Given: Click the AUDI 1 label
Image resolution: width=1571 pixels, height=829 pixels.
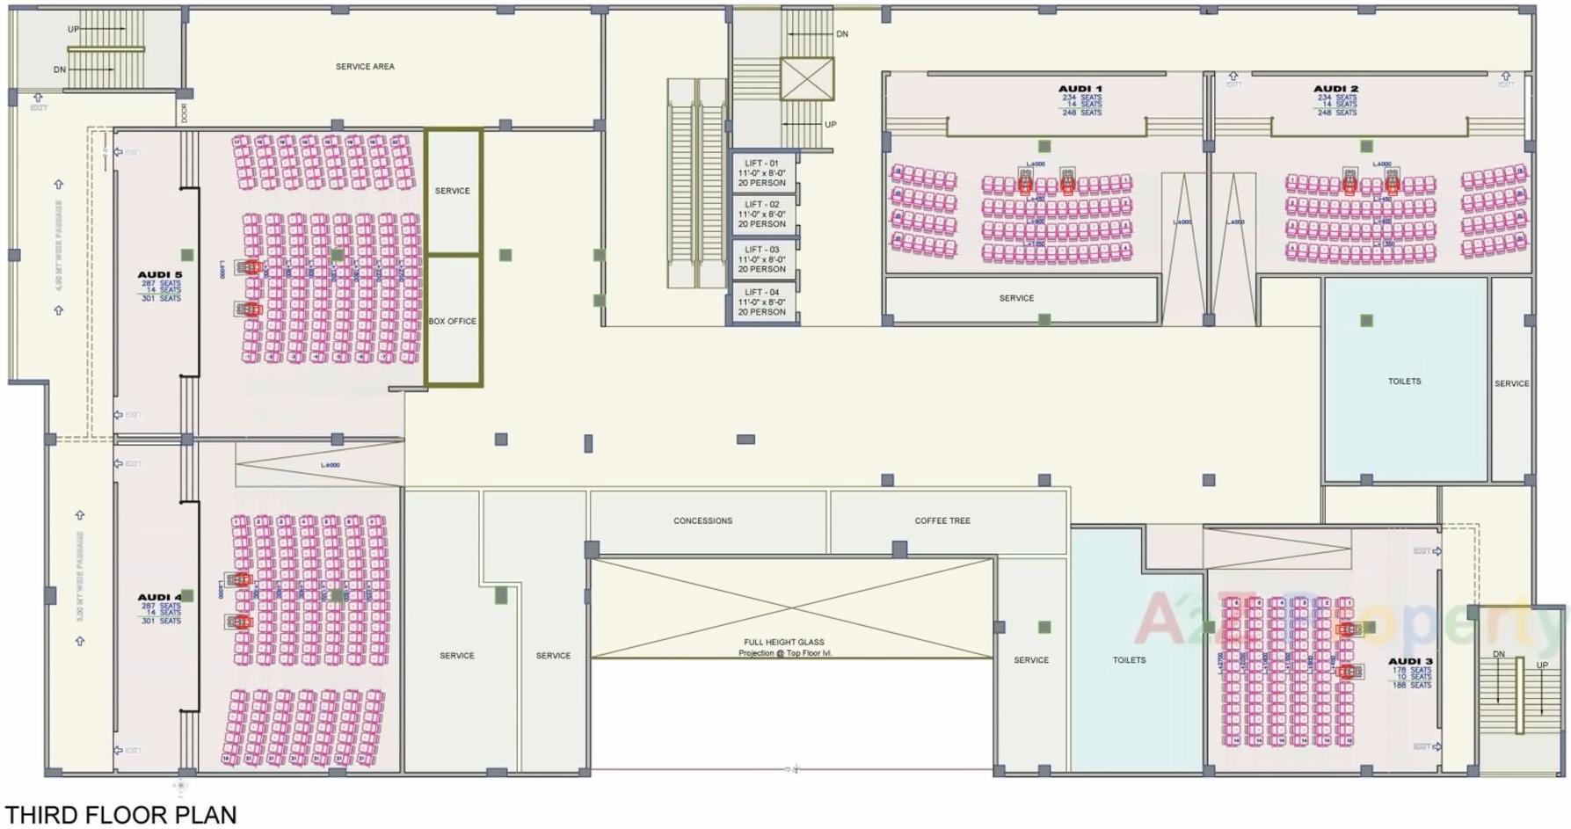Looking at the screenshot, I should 1080,89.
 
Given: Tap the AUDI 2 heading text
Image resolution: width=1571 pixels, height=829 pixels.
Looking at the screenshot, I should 1335,89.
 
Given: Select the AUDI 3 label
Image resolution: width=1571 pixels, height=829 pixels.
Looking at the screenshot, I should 1410,661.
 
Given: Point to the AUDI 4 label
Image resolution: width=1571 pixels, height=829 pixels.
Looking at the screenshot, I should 159,597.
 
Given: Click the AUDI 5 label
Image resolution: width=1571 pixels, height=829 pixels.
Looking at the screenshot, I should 159,274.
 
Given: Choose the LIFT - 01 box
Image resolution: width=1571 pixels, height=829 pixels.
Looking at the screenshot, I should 761,173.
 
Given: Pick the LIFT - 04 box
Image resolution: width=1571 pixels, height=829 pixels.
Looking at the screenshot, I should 761,302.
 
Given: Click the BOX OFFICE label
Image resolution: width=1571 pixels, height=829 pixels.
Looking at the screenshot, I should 452,322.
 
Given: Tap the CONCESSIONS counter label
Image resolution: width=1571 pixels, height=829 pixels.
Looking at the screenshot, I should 702,520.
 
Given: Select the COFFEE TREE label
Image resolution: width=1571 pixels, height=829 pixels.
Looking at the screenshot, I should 942,520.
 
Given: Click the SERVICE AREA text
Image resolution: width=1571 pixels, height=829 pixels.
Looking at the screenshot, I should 365,67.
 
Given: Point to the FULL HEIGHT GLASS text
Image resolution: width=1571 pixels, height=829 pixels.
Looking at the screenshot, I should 783,642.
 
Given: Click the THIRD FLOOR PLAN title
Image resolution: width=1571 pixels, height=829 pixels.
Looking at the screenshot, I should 121,815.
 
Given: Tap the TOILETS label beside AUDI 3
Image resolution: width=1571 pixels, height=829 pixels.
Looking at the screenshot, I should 1129,659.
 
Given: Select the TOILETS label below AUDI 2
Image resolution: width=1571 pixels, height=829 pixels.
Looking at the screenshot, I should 1404,382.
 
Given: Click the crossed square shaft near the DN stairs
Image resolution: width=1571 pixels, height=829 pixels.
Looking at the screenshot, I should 806,79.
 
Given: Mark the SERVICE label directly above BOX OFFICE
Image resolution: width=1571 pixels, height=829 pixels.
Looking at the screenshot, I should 452,191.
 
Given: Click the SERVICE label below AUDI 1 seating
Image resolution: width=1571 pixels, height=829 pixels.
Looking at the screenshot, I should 1016,298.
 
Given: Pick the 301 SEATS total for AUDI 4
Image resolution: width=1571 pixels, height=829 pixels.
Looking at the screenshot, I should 161,621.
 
